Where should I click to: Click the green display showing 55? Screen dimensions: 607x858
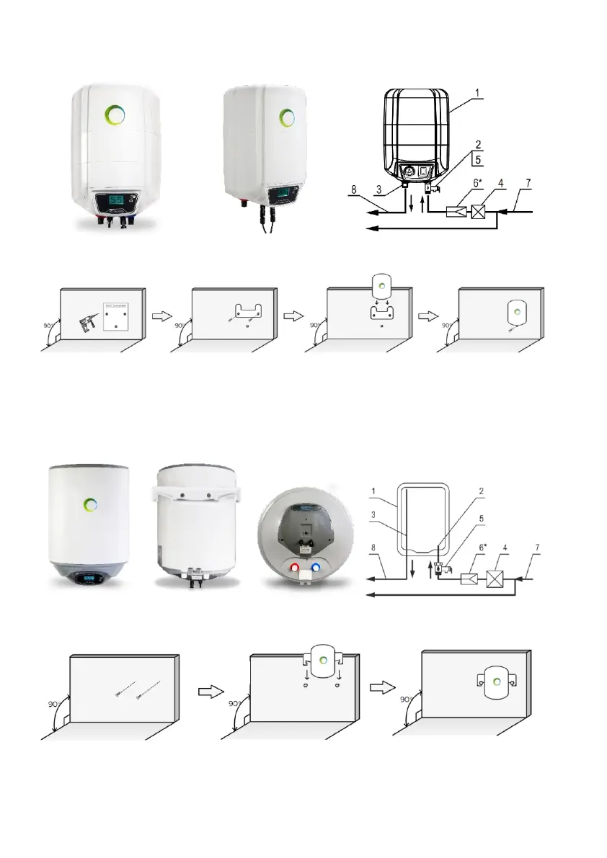[112, 199]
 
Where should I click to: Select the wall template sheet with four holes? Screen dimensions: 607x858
[116, 316]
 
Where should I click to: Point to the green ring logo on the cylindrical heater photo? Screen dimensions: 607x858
[91, 504]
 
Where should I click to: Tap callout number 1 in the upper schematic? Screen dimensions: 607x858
[479, 93]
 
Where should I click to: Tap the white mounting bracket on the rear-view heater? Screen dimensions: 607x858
[194, 493]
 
